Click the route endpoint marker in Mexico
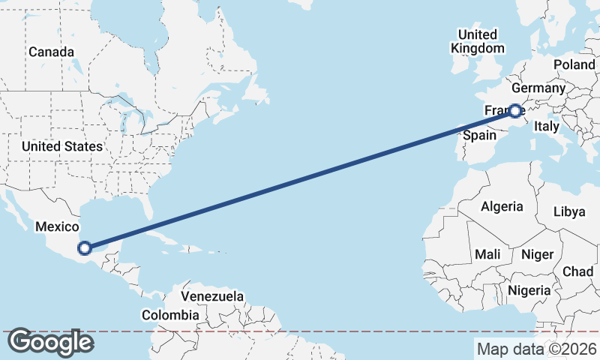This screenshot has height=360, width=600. (85, 247)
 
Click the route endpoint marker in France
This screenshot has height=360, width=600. (515, 111)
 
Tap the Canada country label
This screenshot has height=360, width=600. (52, 52)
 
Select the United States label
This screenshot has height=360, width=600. (62, 146)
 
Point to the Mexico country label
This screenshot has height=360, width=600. (58, 226)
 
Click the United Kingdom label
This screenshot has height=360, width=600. (478, 41)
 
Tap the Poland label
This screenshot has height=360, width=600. (574, 65)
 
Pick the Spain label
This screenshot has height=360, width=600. (479, 136)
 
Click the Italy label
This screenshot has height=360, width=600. (547, 127)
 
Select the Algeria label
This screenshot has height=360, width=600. (502, 206)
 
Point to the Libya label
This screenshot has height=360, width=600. (568, 211)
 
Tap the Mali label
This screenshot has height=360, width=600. (487, 255)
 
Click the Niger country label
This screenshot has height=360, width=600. (537, 255)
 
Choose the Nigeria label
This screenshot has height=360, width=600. (529, 290)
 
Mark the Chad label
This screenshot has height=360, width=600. (577, 271)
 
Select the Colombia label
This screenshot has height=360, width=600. (170, 316)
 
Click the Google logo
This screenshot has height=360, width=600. (50, 343)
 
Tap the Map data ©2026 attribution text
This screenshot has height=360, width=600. (536, 349)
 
